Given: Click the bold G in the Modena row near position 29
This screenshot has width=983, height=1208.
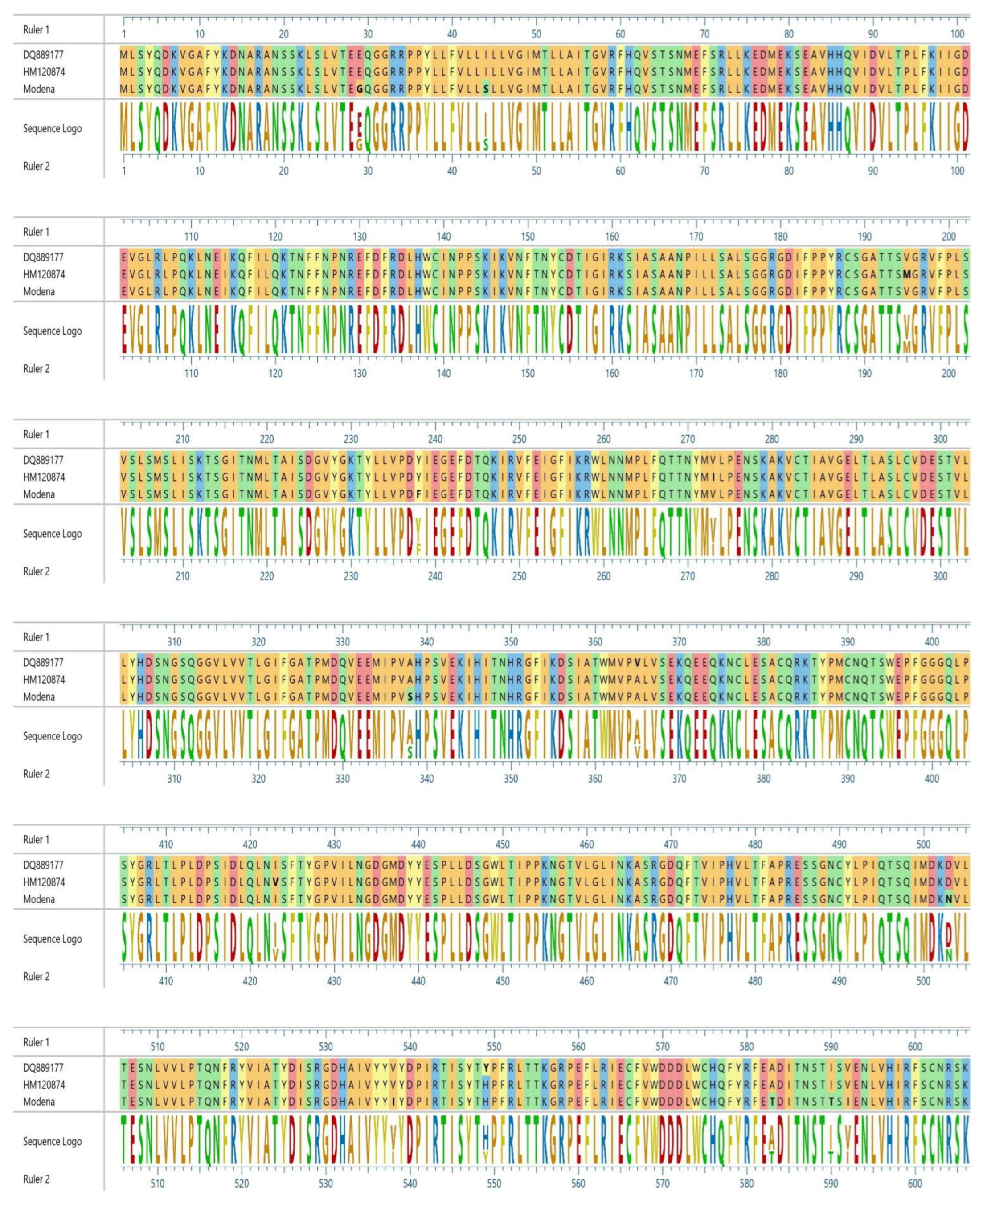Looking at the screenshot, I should pos(359,89).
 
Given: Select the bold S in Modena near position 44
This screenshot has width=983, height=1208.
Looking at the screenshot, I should pos(486,89).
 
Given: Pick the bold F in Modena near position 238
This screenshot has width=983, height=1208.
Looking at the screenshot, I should pos(418,494).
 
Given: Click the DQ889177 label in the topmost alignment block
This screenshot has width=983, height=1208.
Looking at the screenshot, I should pos(43,55).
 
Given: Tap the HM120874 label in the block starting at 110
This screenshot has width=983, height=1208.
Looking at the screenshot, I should pos(44,274).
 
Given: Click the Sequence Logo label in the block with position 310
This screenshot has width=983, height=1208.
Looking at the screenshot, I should pos(52,736).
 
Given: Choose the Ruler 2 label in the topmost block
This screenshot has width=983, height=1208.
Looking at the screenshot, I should pos(36,166).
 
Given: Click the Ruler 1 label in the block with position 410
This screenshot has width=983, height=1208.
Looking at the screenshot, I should pos(36,840).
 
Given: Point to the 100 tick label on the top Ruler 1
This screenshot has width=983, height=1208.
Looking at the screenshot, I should pos(957,34).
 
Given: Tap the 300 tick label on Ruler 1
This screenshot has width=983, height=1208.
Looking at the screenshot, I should pos(940,439).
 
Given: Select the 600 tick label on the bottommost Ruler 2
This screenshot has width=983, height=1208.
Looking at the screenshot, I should pos(915,1183).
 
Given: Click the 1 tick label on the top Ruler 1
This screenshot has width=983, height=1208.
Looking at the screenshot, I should pos(124,34).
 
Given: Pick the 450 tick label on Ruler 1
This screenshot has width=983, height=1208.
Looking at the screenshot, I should pos(502,845).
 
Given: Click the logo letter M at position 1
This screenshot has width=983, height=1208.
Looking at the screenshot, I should pos(124,128).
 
